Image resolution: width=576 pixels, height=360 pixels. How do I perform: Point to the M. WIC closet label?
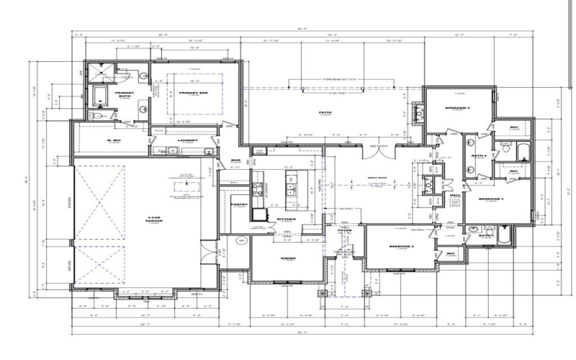click(x=114, y=140)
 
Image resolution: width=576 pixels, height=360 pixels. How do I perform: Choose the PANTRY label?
click(x=240, y=204)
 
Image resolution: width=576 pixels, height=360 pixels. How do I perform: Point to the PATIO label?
click(x=324, y=112)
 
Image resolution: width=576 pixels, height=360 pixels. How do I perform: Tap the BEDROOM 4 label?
click(x=457, y=108)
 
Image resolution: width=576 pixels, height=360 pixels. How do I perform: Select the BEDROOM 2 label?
click(x=401, y=246)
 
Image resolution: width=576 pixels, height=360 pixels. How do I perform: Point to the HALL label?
click(x=455, y=194)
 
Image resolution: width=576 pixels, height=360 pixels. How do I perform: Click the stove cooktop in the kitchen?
click(x=256, y=190)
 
